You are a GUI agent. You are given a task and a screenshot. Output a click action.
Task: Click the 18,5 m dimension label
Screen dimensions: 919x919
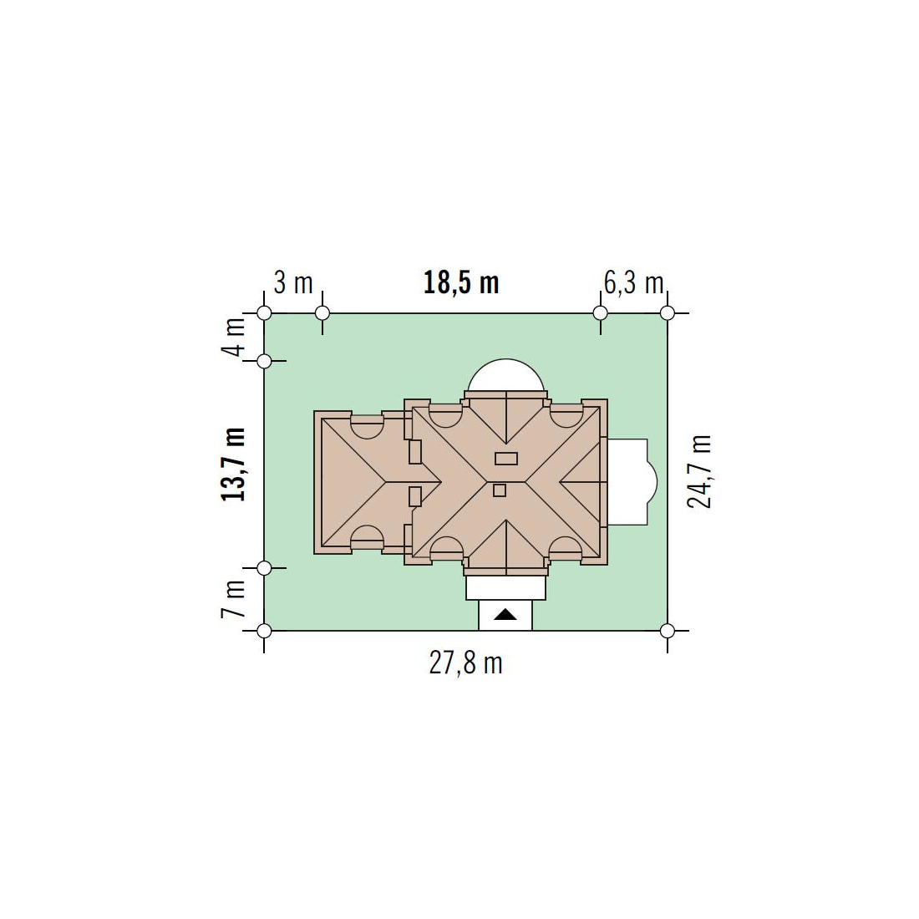point(461,283)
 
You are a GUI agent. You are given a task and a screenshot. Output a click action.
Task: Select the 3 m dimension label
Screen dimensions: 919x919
point(293,284)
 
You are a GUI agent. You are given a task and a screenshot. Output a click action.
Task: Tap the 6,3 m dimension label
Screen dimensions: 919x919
point(633,284)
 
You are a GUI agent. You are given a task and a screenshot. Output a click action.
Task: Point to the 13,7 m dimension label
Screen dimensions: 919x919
point(233,465)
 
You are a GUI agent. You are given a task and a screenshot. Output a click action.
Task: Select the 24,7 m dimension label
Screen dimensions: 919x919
point(699,472)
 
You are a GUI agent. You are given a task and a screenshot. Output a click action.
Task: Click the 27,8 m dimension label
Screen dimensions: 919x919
point(466,664)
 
